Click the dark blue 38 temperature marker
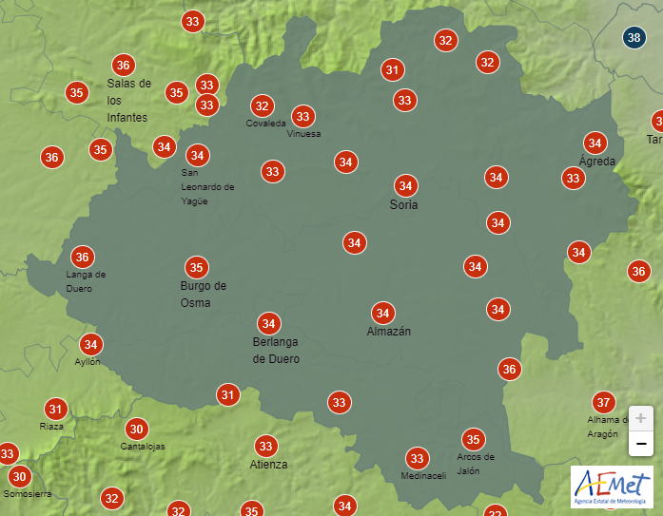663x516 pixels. (634, 38)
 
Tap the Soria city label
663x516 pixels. (404, 204)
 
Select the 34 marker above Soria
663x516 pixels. (406, 185)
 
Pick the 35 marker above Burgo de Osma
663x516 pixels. (197, 267)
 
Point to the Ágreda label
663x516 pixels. (597, 162)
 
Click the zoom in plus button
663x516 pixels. (641, 418)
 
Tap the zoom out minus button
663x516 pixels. (641, 443)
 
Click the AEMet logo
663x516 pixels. (612, 487)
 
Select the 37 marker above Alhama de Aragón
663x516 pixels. (602, 401)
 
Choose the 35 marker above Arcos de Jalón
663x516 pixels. (473, 439)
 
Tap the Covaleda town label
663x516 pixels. (265, 124)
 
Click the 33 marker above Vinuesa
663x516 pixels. (302, 117)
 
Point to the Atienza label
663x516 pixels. (268, 465)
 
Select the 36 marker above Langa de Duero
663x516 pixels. (82, 257)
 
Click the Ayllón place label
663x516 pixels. (88, 362)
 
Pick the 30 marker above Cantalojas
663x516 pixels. (136, 429)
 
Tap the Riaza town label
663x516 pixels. (51, 427)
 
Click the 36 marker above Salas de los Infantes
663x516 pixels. (123, 66)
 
